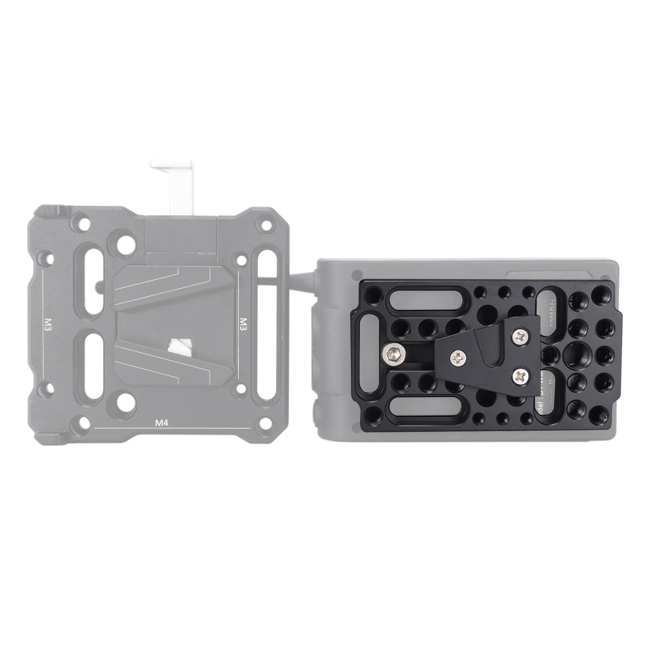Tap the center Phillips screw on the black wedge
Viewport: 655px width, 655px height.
point(458,359)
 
